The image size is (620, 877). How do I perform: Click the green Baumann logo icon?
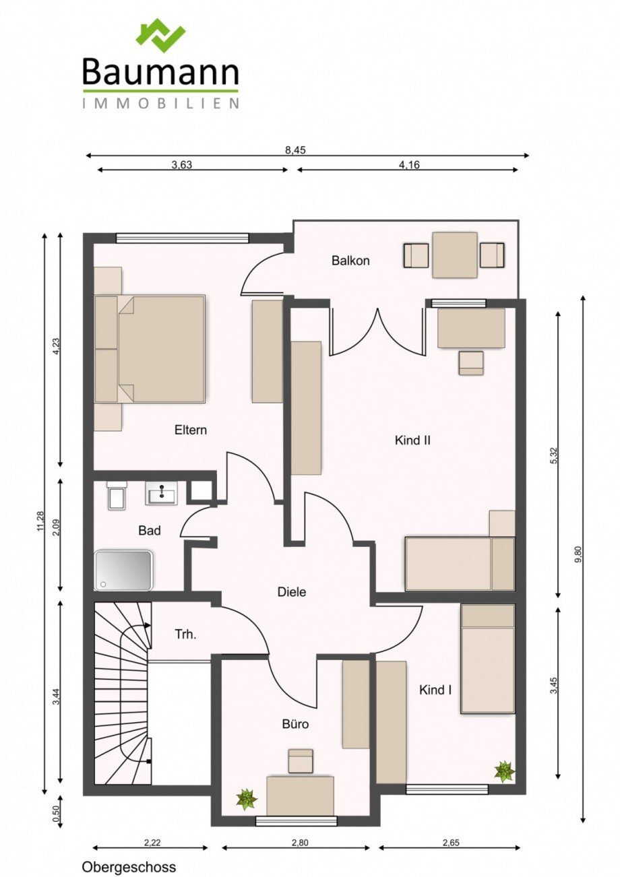(160, 36)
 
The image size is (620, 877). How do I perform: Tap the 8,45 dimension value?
(295, 150)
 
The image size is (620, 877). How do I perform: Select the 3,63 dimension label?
(182, 164)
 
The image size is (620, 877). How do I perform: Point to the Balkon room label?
(350, 261)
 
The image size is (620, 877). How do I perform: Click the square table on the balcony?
(454, 255)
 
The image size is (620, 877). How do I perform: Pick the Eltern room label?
(190, 430)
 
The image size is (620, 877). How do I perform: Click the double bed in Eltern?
(150, 348)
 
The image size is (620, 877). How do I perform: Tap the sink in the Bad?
(161, 493)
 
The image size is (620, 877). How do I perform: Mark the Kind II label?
(412, 441)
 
